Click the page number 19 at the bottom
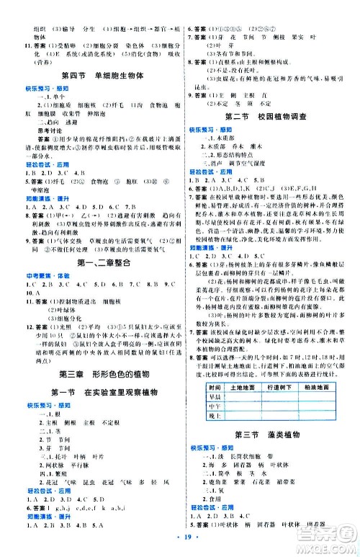(x=179, y=538)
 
